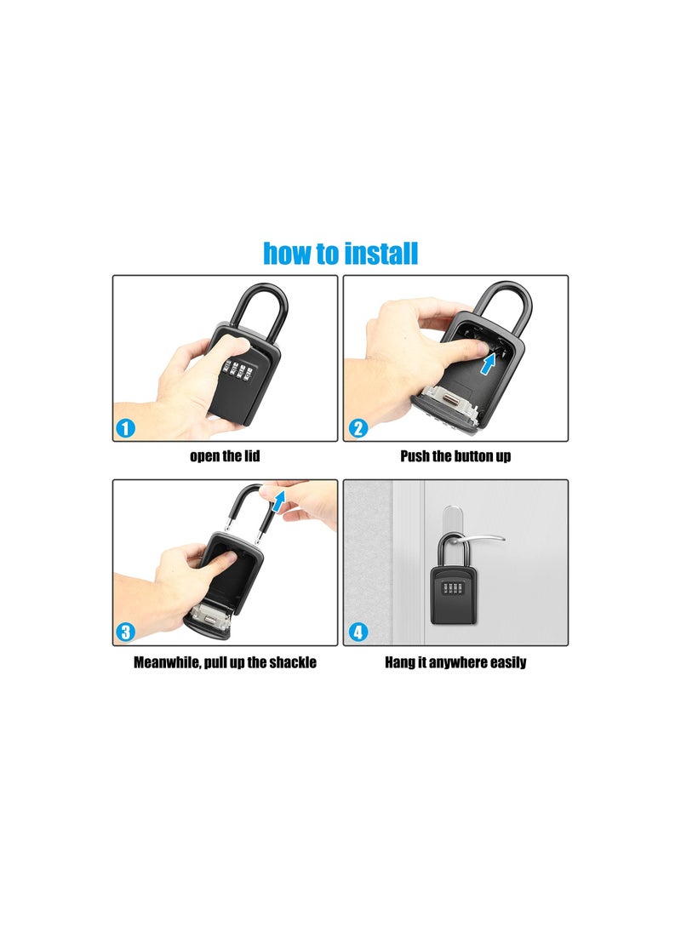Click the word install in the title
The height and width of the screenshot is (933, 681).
click(x=378, y=254)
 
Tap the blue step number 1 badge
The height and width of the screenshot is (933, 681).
click(x=125, y=428)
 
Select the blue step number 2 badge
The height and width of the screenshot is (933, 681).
click(x=358, y=428)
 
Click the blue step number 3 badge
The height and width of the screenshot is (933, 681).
click(x=125, y=632)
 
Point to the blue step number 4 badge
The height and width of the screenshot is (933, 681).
click(x=358, y=632)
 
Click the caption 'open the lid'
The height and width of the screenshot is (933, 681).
click(x=225, y=456)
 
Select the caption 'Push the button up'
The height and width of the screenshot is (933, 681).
click(x=455, y=456)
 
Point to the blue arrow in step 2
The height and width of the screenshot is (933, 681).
click(x=489, y=363)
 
